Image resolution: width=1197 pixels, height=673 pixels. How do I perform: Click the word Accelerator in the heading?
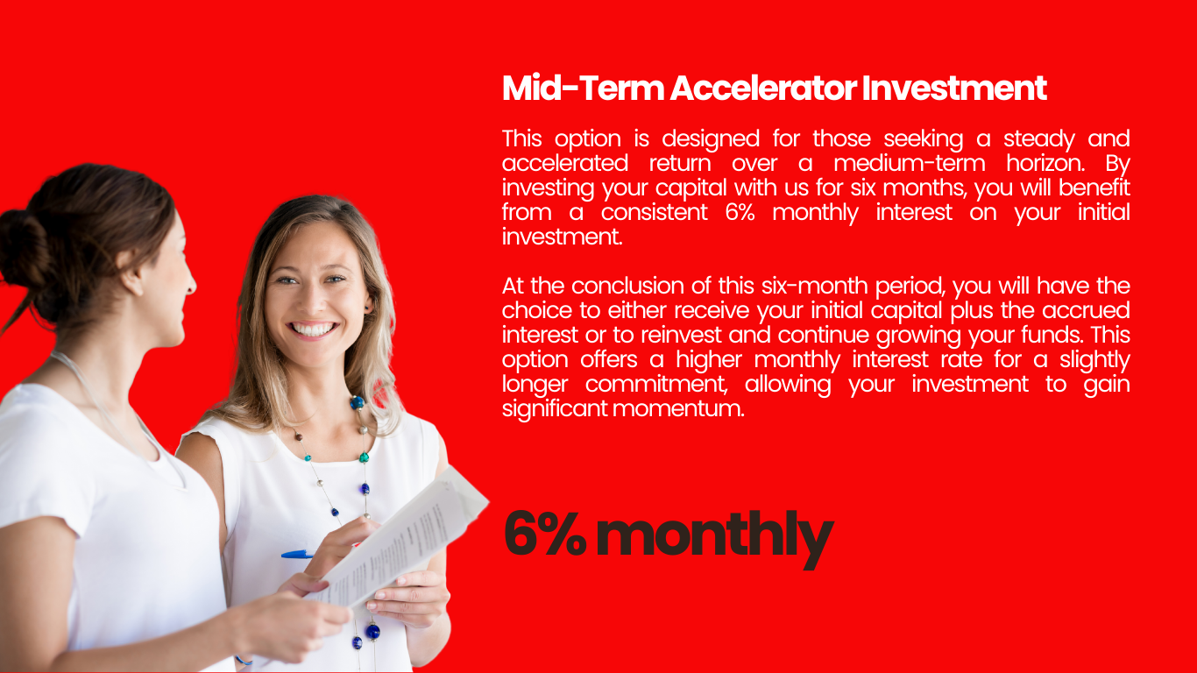(763, 88)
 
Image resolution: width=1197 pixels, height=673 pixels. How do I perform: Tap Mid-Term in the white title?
(583, 88)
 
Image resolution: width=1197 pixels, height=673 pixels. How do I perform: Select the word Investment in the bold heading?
(954, 88)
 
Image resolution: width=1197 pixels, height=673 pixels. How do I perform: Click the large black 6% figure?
(545, 534)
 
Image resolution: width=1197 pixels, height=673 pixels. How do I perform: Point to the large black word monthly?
(715, 539)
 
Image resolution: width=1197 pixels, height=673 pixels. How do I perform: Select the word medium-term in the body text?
(910, 163)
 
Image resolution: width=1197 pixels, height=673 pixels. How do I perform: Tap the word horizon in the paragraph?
(1045, 163)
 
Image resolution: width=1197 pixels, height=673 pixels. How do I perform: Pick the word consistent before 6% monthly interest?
(655, 212)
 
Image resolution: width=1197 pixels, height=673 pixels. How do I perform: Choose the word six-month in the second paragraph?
(815, 286)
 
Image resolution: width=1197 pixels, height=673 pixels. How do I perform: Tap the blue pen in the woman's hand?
(297, 555)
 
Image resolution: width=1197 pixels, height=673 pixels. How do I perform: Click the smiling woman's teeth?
(312, 329)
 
